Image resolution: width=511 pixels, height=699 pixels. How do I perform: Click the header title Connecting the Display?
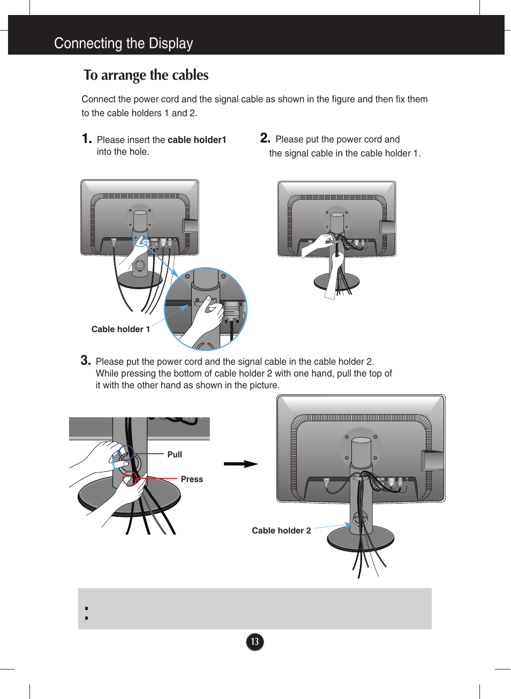click(x=123, y=43)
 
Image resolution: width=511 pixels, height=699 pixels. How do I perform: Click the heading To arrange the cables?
click(x=146, y=75)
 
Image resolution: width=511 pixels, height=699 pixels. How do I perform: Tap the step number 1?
click(x=87, y=139)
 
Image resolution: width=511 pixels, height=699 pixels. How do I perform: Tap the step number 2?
click(x=265, y=138)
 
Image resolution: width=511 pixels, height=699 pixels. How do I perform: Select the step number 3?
click(x=86, y=360)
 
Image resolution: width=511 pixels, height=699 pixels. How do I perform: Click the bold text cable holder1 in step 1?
click(x=197, y=140)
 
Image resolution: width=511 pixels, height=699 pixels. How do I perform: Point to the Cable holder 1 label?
click(x=121, y=329)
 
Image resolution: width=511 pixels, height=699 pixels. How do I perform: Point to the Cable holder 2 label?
click(x=281, y=531)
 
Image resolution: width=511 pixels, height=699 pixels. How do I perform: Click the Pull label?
click(x=175, y=455)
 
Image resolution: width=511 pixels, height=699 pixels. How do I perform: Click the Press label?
click(x=192, y=479)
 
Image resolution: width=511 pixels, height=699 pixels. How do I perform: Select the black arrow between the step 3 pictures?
click(x=241, y=464)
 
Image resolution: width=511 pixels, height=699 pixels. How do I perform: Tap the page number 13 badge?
click(x=255, y=642)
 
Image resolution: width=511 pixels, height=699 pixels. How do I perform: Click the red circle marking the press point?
click(x=130, y=478)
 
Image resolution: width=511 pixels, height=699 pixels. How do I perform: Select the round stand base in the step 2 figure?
click(x=336, y=281)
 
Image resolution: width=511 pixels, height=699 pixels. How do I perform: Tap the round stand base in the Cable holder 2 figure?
click(x=360, y=539)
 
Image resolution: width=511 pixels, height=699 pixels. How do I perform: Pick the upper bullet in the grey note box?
click(x=86, y=608)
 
